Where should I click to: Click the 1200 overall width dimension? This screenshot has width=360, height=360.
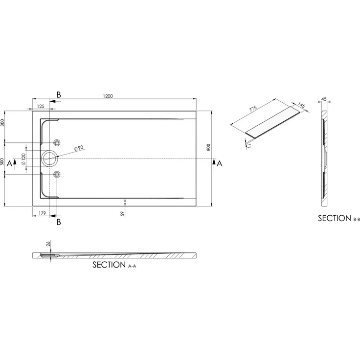[x=108, y=96]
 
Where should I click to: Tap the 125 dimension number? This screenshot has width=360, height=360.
[x=41, y=106]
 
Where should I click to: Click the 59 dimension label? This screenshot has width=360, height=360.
[x=123, y=213]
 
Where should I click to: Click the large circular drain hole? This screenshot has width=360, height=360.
[x=49, y=157]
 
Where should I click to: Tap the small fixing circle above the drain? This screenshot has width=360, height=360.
[x=58, y=142]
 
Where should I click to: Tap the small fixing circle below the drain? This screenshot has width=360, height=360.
[x=58, y=174]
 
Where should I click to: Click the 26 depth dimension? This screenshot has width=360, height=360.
[x=48, y=244]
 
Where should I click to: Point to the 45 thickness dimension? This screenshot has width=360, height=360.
[x=324, y=99]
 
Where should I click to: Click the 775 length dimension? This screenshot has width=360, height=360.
[x=253, y=110]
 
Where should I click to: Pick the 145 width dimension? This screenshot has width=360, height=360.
[x=301, y=105]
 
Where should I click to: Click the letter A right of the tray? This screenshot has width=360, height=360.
[x=220, y=164]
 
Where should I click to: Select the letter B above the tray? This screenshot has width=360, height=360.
[x=58, y=93]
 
